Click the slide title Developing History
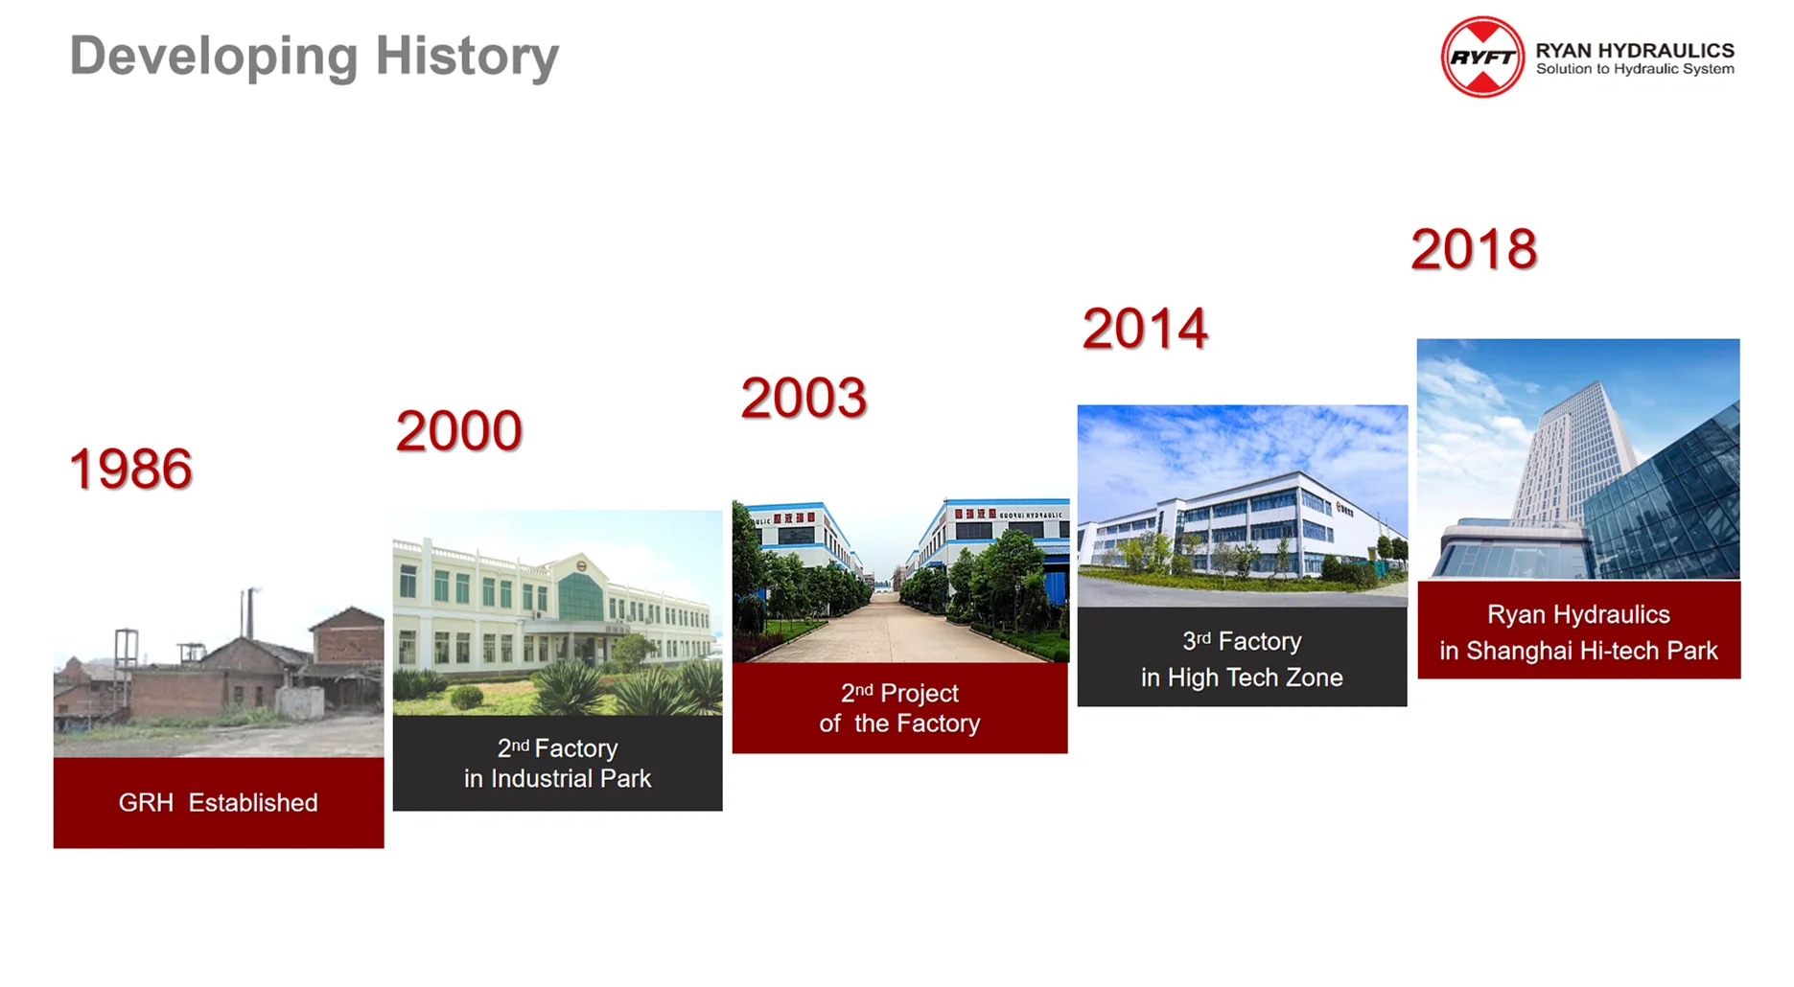click(315, 57)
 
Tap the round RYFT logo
click(1482, 57)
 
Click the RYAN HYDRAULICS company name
click(1635, 50)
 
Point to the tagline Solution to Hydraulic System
click(1635, 69)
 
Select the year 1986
click(130, 469)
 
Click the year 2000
click(458, 430)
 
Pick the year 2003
click(804, 398)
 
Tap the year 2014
click(1145, 329)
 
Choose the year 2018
click(1474, 249)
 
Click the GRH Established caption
click(219, 803)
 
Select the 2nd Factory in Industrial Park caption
click(557, 763)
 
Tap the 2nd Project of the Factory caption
click(899, 707)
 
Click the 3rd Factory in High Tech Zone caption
click(1242, 659)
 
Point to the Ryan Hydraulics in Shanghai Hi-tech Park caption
click(1578, 632)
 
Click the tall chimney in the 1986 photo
click(249, 613)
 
